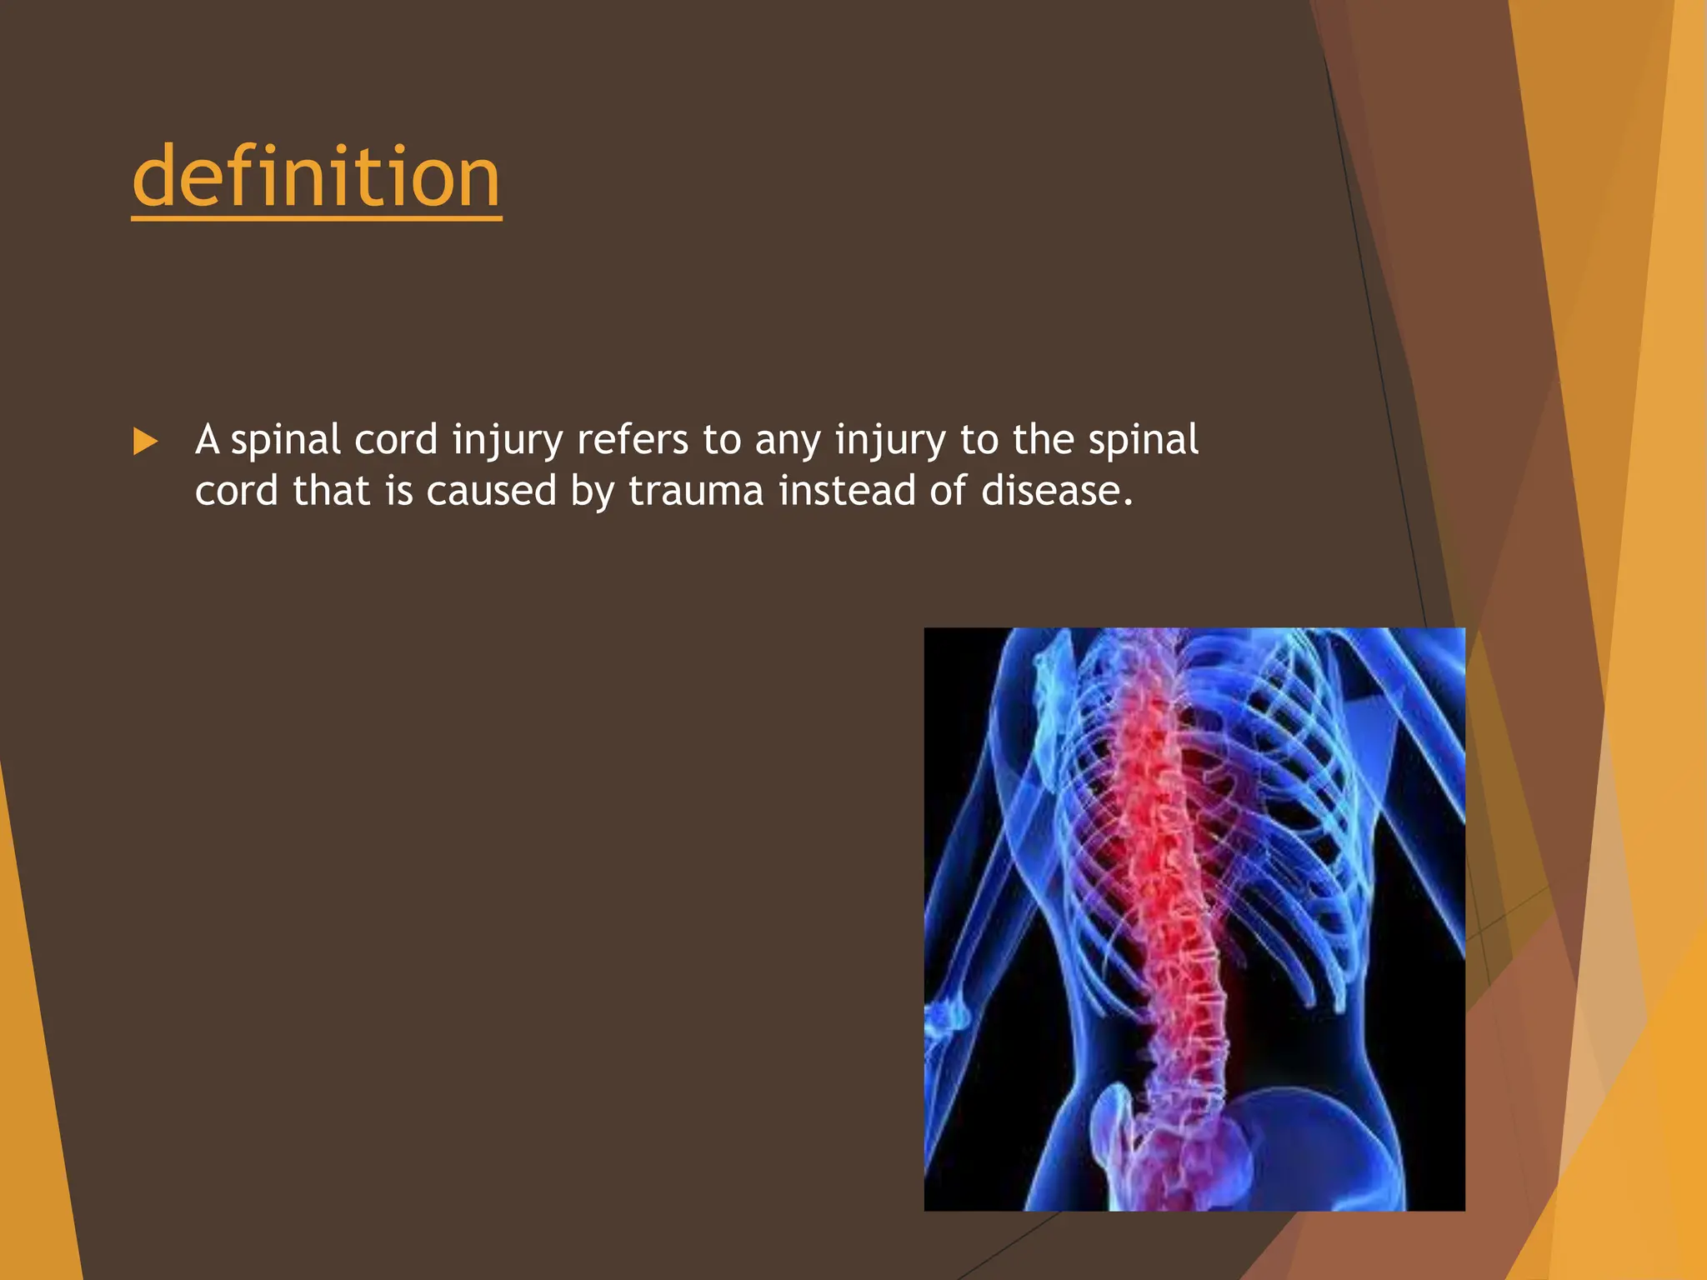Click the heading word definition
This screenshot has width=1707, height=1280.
[x=316, y=177]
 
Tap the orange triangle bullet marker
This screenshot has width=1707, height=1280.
[x=145, y=442]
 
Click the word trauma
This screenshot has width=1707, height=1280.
[x=696, y=491]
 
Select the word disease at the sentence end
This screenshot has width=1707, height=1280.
[x=1056, y=491]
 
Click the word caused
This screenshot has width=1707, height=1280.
[x=491, y=491]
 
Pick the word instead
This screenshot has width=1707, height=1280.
[x=847, y=491]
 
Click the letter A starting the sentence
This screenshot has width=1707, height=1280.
[x=207, y=440]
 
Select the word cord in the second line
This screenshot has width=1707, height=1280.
[x=236, y=491]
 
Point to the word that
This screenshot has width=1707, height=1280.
[x=331, y=491]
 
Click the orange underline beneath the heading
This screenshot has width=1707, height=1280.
[x=316, y=218]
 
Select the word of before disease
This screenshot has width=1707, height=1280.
[x=948, y=491]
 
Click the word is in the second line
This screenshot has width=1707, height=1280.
[x=398, y=491]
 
